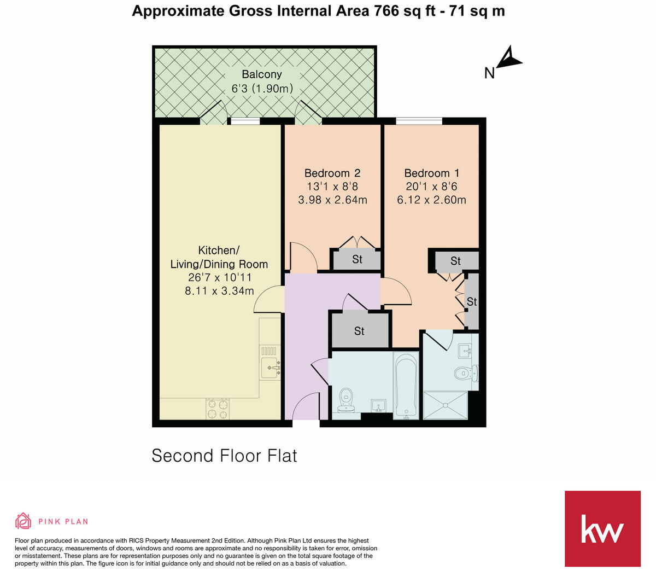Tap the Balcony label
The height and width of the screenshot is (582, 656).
click(262, 74)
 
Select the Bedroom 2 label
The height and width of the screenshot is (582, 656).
click(332, 173)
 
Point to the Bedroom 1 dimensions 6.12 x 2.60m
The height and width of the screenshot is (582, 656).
click(431, 200)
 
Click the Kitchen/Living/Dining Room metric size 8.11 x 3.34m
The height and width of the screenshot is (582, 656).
click(219, 291)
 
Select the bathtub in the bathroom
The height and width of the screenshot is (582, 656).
click(406, 386)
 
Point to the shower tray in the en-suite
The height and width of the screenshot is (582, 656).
click(446, 405)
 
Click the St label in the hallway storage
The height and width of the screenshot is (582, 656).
click(359, 331)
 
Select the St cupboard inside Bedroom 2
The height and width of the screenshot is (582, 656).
click(357, 259)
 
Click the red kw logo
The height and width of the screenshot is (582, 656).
click(602, 528)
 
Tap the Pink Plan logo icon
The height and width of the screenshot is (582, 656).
click(23, 521)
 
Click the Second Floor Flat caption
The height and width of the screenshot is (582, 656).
click(224, 456)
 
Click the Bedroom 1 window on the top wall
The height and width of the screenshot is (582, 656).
click(419, 121)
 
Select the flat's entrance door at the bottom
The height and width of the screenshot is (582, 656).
click(306, 409)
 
